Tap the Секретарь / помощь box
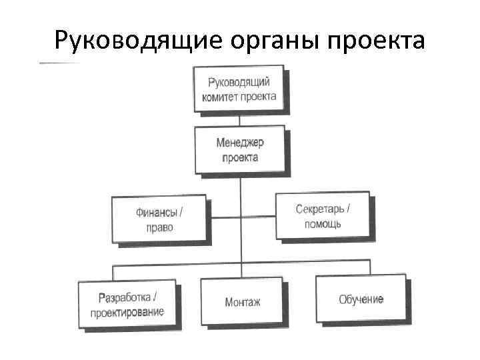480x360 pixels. (x=323, y=215)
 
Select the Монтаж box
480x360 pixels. (x=243, y=302)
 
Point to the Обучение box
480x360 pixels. (x=361, y=299)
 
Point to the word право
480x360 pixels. (x=159, y=227)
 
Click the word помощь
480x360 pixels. (x=323, y=223)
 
